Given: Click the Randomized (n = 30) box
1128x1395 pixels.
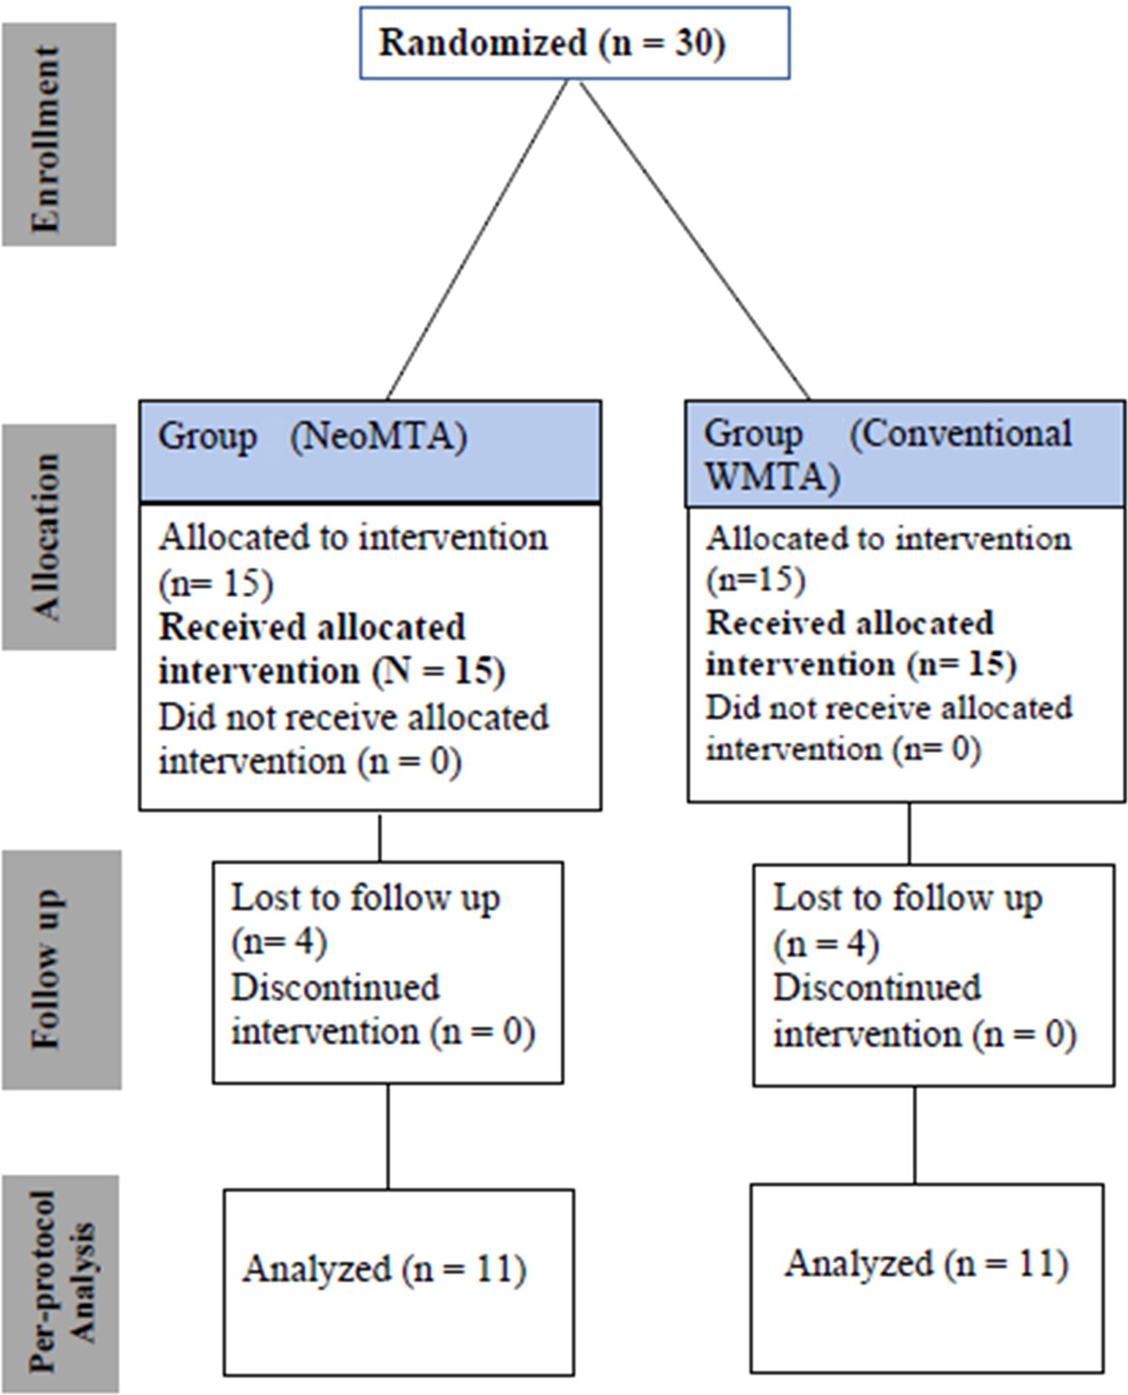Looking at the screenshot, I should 574,44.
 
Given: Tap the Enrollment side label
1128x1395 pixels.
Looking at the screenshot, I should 58,134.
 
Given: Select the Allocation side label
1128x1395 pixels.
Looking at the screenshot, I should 58,537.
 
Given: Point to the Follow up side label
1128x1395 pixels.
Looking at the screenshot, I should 60,970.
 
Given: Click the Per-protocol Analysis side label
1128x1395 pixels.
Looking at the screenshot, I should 60,1283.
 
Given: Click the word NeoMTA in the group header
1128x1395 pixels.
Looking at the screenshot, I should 378,437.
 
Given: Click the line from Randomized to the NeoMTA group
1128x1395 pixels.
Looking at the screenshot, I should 478,239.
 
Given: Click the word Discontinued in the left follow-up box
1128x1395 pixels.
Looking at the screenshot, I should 335,987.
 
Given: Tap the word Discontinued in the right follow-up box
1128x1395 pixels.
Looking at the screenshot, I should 876,988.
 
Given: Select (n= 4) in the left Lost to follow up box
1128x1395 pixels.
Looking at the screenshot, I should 278,942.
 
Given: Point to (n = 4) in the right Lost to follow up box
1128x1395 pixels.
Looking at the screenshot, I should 825,945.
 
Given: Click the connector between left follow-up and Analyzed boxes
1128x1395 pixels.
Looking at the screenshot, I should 388,1136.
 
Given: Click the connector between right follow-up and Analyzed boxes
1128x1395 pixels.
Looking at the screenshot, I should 914,1134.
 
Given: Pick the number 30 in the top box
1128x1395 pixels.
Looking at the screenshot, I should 693,43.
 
